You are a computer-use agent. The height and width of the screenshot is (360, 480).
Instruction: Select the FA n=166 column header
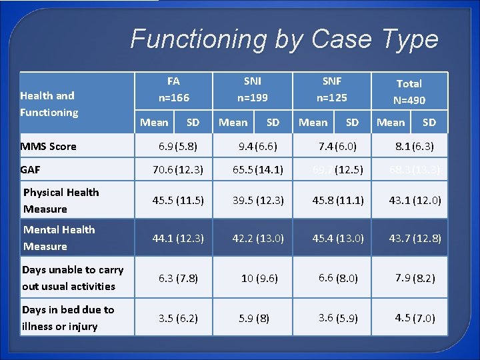tap(173, 89)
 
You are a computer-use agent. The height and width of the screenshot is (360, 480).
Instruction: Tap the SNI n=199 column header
tap(253, 89)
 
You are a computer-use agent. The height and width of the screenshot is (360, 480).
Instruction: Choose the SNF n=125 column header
tap(331, 89)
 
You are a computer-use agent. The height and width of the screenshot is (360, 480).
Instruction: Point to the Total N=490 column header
tap(409, 92)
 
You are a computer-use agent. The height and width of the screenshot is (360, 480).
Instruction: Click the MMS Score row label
tap(49, 146)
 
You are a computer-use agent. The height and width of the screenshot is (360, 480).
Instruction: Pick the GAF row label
tap(31, 170)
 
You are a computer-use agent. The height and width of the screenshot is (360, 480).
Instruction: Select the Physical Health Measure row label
tap(61, 201)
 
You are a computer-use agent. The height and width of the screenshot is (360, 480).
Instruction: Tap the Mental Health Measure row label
tap(59, 238)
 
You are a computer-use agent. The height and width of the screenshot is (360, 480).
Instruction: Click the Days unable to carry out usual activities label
tap(72, 278)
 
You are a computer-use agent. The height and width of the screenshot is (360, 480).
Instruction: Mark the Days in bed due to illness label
tap(67, 318)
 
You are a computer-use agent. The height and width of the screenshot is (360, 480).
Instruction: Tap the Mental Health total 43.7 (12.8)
tap(415, 238)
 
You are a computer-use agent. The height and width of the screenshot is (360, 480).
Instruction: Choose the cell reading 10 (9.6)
tap(259, 279)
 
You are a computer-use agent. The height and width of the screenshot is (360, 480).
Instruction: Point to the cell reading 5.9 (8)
tap(254, 319)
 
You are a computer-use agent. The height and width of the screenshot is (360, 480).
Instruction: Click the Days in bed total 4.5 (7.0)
tap(415, 318)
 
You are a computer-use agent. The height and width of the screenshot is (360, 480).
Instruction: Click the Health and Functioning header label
tap(49, 104)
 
